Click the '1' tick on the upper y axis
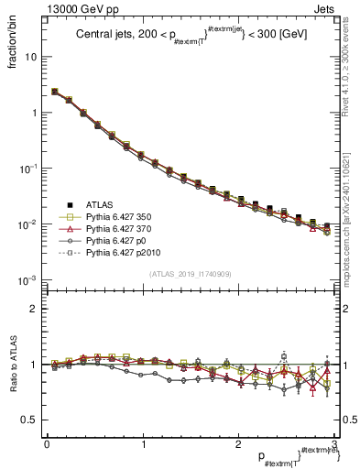[35, 113]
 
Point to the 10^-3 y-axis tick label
[27, 280]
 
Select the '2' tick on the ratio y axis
[35, 309]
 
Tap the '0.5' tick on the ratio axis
[30, 420]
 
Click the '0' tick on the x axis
[47, 444]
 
